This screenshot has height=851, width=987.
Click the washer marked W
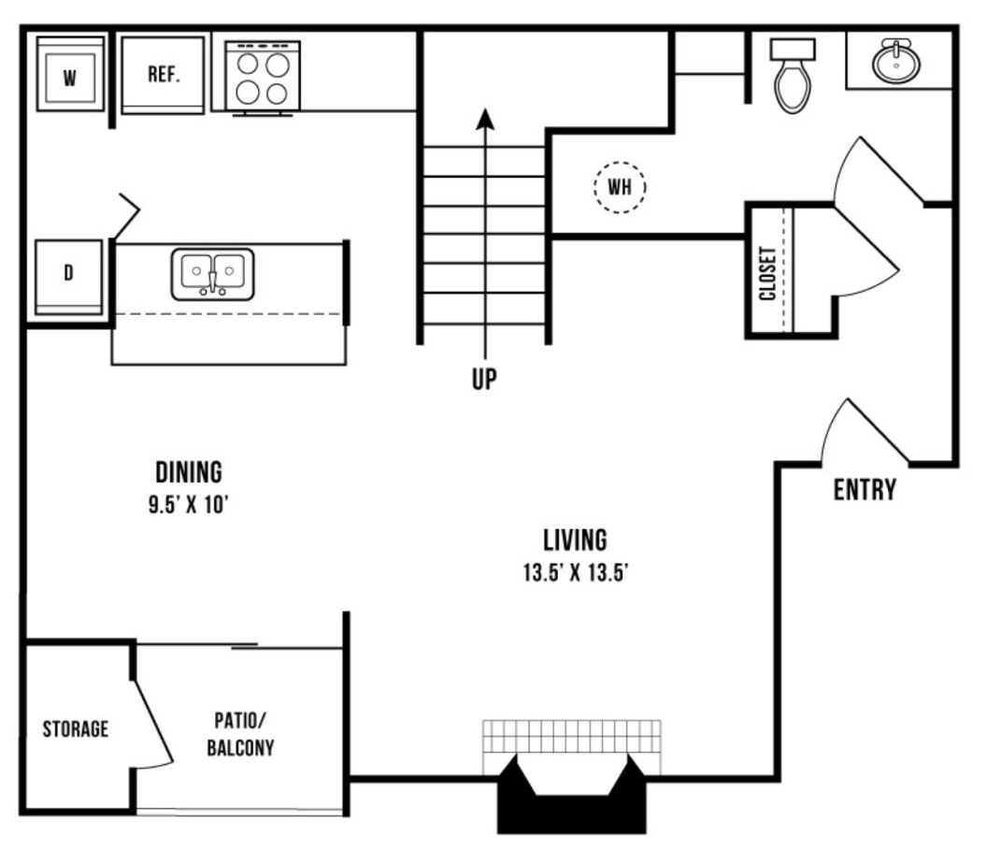[70, 74]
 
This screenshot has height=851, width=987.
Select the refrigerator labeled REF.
[163, 75]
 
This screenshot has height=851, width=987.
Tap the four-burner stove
[263, 79]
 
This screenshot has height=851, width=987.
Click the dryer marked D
[68, 277]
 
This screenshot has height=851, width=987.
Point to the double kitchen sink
[213, 274]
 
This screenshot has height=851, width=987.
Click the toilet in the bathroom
[793, 76]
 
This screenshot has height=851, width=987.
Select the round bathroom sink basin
[895, 61]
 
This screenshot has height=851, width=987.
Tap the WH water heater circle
[620, 187]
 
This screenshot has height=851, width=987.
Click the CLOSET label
[766, 273]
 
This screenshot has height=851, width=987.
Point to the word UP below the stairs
[484, 379]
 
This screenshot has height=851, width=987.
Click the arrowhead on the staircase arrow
[485, 119]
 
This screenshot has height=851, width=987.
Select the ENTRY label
[865, 489]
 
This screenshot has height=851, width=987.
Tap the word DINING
[189, 472]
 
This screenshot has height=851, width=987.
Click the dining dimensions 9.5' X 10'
[188, 505]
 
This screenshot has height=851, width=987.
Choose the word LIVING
[576, 540]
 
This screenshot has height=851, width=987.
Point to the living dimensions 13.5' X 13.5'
[576, 572]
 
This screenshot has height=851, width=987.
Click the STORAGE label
[76, 728]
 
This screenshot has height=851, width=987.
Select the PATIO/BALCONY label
[240, 734]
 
